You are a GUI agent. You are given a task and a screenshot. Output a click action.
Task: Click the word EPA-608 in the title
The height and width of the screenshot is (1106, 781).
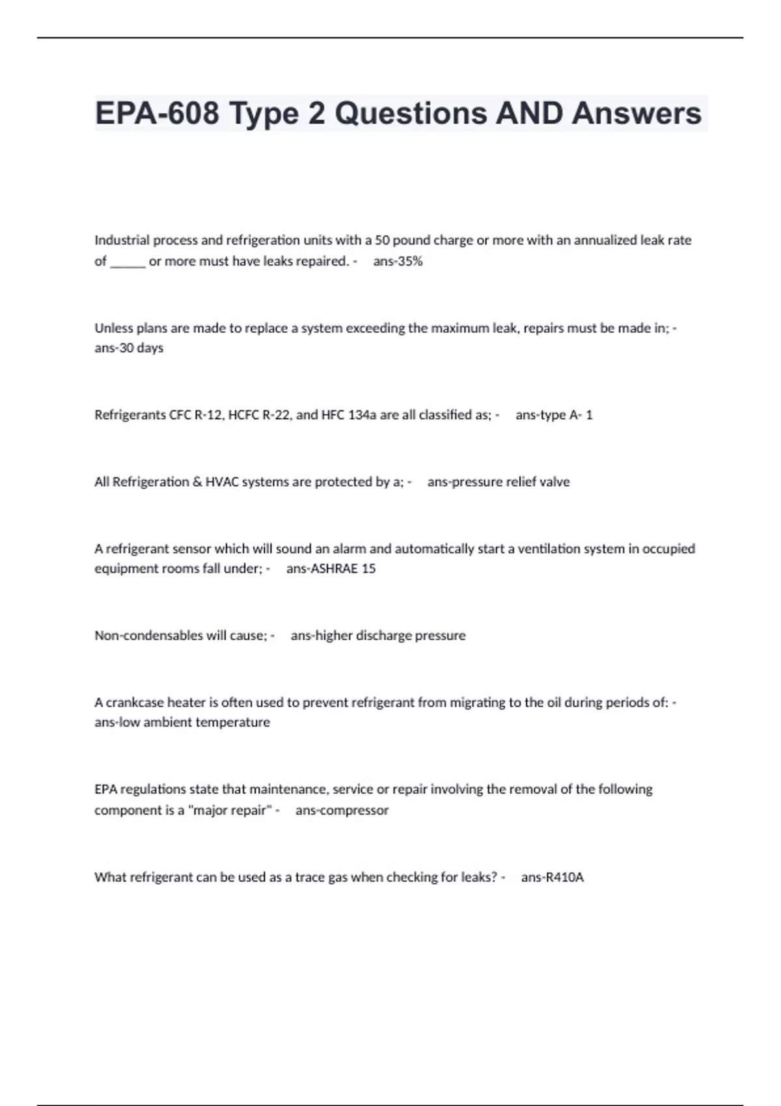(157, 113)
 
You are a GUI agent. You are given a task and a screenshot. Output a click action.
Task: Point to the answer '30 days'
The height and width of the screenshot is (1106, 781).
(139, 348)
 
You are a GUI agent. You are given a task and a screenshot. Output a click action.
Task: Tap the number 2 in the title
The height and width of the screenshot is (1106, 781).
(317, 113)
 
